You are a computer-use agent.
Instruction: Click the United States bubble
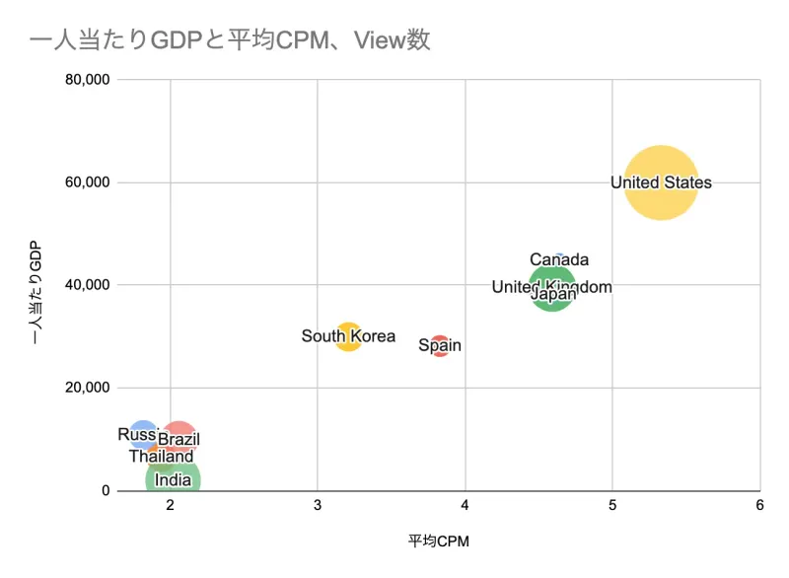pos(661,182)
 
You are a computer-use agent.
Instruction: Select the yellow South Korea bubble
pos(348,336)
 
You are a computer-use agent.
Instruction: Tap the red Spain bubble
pos(440,345)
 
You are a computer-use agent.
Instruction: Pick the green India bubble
pos(174,480)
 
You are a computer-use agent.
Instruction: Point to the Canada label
pos(559,260)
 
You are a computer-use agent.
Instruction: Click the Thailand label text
pos(161,457)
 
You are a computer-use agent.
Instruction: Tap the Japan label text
pos(553,293)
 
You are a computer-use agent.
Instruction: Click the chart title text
pos(230,40)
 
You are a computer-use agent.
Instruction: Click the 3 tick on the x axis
pos(318,506)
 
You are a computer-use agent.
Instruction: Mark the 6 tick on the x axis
pos(759,506)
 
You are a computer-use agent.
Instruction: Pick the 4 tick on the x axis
pos(465,506)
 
